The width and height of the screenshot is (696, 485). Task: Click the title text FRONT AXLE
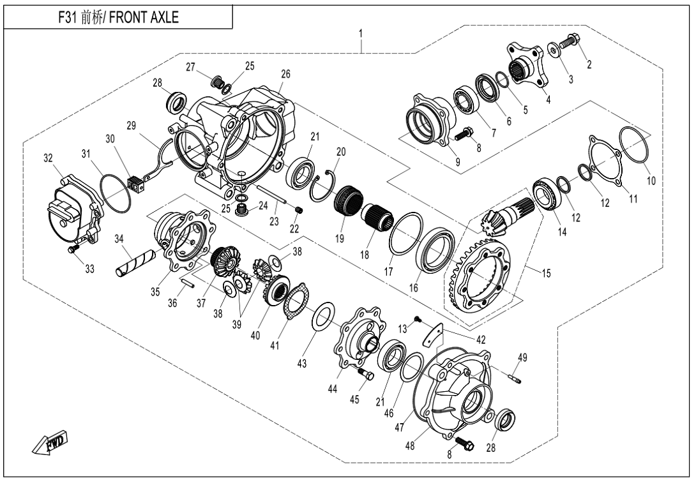[x=144, y=17]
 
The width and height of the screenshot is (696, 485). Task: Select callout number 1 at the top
[x=361, y=34]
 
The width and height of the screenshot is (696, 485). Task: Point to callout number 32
[x=48, y=158]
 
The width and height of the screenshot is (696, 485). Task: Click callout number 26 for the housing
[x=285, y=73]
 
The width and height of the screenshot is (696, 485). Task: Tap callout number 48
[x=410, y=445]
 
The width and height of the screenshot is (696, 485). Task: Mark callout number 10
[x=651, y=181]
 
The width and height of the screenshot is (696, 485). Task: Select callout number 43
[x=302, y=364]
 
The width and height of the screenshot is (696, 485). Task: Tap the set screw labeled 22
[x=299, y=209]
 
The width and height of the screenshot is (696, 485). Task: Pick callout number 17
[x=388, y=271]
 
